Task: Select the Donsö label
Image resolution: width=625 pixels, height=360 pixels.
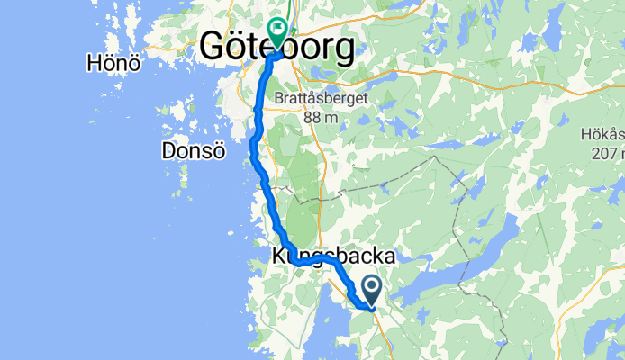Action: pyautogui.click(x=192, y=150)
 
